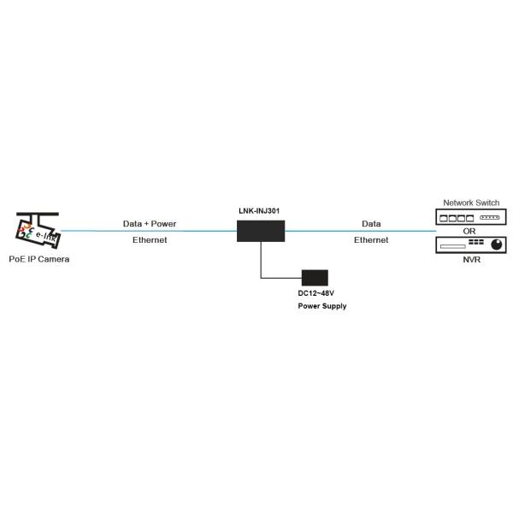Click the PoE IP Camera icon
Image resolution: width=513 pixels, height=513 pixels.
(38, 230)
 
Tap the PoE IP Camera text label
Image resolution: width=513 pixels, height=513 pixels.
(39, 259)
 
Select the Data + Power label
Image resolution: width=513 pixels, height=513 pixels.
(150, 224)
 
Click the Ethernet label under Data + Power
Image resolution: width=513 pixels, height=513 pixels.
(150, 239)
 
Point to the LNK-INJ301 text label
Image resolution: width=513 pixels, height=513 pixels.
(259, 211)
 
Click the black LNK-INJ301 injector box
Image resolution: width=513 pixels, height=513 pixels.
(261, 231)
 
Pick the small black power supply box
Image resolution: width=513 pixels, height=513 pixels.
(315, 278)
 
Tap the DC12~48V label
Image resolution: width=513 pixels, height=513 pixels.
(316, 293)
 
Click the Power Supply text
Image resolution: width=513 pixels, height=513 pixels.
(322, 306)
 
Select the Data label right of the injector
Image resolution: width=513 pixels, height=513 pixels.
(371, 224)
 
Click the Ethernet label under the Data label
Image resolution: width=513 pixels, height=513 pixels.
(371, 239)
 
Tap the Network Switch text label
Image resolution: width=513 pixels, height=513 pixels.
(471, 203)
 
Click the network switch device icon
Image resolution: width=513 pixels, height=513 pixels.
(471, 217)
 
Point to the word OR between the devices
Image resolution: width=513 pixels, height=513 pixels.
(469, 232)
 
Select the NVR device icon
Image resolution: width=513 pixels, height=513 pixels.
(471, 245)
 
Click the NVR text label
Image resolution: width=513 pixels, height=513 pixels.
(471, 260)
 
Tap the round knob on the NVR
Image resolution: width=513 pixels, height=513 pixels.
(496, 245)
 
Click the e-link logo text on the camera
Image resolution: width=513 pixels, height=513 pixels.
(45, 236)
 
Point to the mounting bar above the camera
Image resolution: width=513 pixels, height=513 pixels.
(38, 214)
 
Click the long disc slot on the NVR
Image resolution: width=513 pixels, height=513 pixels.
(453, 246)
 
